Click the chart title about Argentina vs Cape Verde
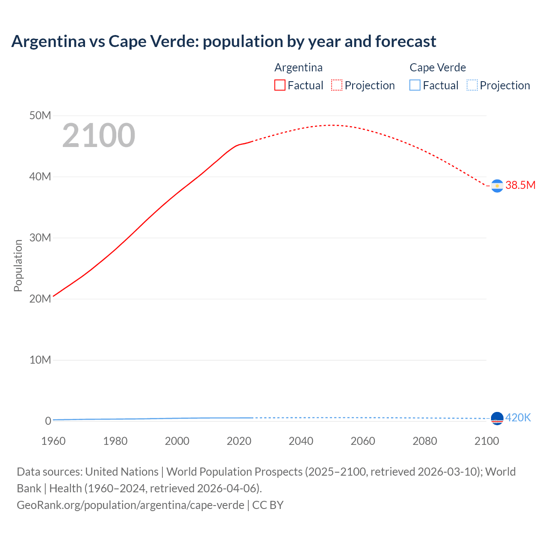pyautogui.click(x=224, y=41)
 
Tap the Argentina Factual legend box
pyautogui.click(x=280, y=85)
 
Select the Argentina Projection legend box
pyautogui.click(x=337, y=85)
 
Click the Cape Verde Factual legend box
pyautogui.click(x=415, y=85)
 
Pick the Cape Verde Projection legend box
pyautogui.click(x=472, y=85)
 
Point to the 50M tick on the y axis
pyautogui.click(x=40, y=116)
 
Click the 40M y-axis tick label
pyautogui.click(x=40, y=177)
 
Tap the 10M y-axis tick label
pyautogui.click(x=40, y=360)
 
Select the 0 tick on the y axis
pyautogui.click(x=48, y=421)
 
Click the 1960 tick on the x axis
pyautogui.click(x=53, y=441)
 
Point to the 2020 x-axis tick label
pyautogui.click(x=239, y=441)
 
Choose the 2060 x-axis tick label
pyautogui.click(x=363, y=441)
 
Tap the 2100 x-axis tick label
pyautogui.click(x=486, y=441)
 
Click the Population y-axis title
pyautogui.click(x=18, y=265)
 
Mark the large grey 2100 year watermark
pyautogui.click(x=99, y=136)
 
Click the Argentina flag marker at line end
pyautogui.click(x=497, y=186)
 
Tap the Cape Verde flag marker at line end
pyautogui.click(x=497, y=418)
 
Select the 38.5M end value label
pyautogui.click(x=520, y=185)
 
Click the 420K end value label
pyautogui.click(x=518, y=418)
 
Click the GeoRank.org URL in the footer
pyautogui.click(x=130, y=505)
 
